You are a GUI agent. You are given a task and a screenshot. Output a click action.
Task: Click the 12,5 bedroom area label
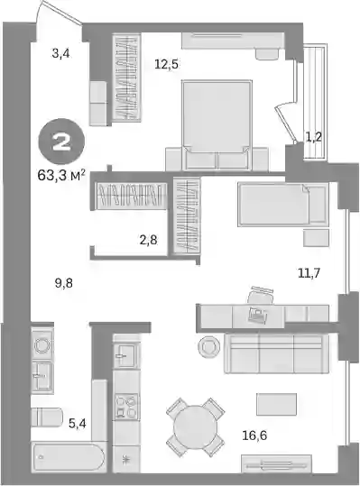167,65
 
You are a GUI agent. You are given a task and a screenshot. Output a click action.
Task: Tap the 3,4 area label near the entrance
61,53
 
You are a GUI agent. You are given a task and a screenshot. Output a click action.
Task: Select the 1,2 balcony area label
313,137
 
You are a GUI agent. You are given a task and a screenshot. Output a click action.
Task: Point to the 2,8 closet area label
148,240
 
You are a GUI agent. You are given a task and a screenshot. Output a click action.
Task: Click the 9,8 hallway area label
64,283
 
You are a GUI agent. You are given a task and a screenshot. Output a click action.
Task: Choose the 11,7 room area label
309,273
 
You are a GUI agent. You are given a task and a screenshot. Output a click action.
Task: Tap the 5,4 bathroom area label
78,423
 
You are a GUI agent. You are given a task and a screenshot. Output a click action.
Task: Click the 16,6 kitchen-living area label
254,436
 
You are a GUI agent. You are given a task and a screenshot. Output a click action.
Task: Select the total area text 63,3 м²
61,176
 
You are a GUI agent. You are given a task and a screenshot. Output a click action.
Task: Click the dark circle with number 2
61,143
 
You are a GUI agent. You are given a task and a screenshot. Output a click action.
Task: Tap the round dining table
195,427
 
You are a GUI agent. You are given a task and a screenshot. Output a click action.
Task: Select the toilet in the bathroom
47,417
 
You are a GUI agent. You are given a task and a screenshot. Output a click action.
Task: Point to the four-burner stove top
126,407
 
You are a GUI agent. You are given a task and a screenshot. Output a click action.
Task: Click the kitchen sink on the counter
126,356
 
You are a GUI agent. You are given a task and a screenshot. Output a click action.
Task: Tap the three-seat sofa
276,353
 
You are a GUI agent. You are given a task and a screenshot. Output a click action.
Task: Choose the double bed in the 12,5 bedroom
217,125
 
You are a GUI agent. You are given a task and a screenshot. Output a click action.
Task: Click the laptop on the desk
258,315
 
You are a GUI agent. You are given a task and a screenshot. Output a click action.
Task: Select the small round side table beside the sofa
209,346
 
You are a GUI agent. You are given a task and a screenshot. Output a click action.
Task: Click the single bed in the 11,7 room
283,205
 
